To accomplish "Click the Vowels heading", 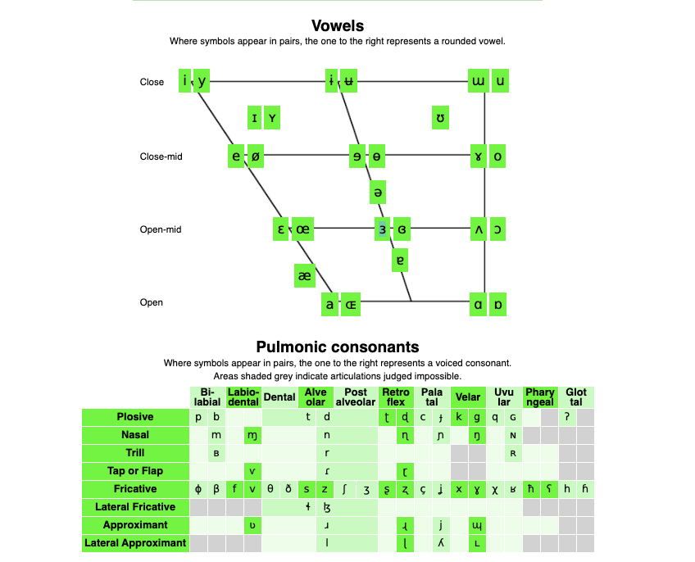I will coord(337,26).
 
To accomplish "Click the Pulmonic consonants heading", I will coord(337,347).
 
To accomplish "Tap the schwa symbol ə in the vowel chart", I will coord(378,193).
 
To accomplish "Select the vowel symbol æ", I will coord(304,276).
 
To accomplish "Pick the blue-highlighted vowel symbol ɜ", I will coord(382,229).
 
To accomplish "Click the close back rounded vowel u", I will coord(500,82).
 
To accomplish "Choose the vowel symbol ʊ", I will coord(442,119).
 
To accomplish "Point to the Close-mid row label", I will coord(161,156).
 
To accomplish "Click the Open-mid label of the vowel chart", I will coord(161,230).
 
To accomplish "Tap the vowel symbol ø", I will coord(255,156).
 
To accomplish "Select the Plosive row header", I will coord(135,417).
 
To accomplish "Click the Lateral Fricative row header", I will coord(135,507).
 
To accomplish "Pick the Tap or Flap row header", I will coord(135,471).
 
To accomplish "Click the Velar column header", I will coord(468,397).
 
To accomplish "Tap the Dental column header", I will coord(279,397).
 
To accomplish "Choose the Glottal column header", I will coord(576,397).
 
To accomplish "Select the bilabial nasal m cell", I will coord(216,435).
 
